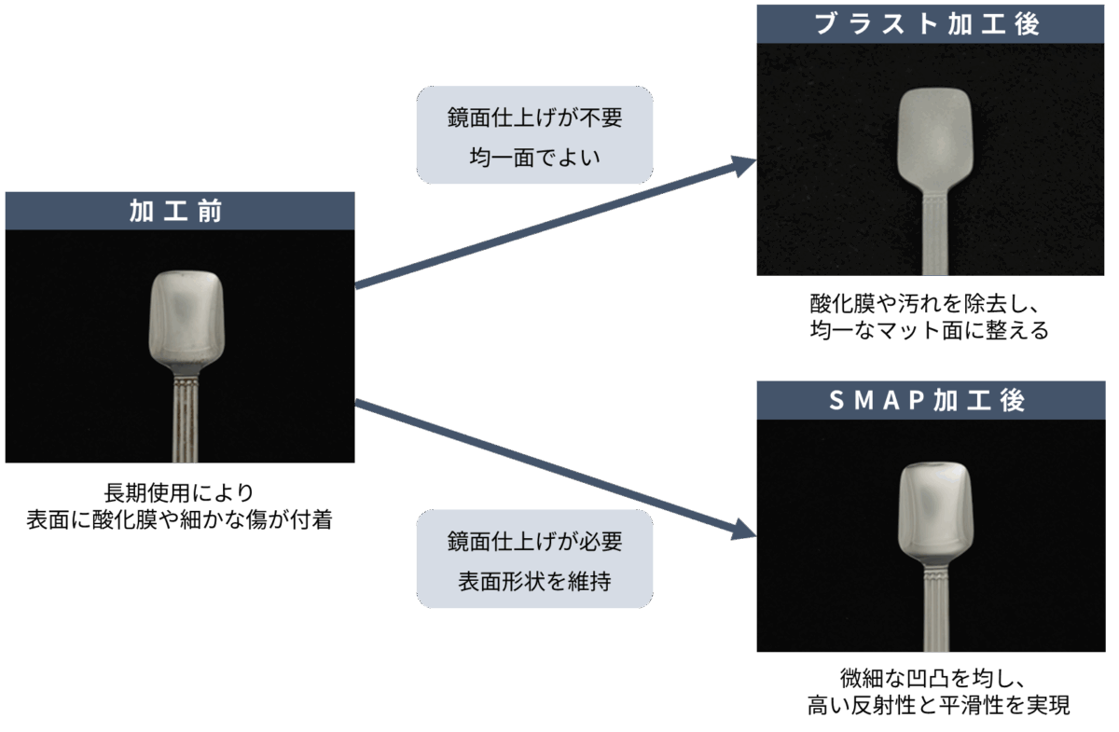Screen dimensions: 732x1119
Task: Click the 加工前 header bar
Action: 179,211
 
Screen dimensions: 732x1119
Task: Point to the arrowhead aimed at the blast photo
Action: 745,165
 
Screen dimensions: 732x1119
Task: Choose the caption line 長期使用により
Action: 179,492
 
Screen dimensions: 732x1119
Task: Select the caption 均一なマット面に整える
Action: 930,331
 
